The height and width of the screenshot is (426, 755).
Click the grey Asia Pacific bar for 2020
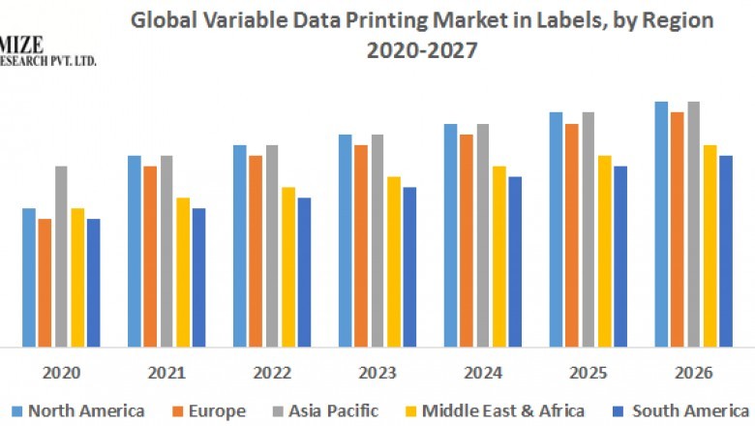(61, 257)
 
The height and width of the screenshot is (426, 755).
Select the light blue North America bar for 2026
(661, 224)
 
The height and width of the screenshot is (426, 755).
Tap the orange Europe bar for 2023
(360, 246)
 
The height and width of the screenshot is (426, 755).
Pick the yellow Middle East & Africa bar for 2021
(183, 272)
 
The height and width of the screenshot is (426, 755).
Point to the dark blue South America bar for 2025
(620, 257)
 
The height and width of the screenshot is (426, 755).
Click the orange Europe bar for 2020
(45, 283)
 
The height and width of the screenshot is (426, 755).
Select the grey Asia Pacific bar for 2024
(482, 235)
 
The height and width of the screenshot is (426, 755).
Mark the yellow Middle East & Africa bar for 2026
(710, 246)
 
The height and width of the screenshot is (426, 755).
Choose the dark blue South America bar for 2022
(304, 272)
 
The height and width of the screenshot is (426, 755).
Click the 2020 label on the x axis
(61, 373)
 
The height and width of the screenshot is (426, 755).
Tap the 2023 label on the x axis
(377, 373)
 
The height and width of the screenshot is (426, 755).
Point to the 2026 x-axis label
(693, 373)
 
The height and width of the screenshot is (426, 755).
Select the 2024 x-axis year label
(482, 373)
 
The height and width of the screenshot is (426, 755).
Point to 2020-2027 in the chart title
(422, 51)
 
